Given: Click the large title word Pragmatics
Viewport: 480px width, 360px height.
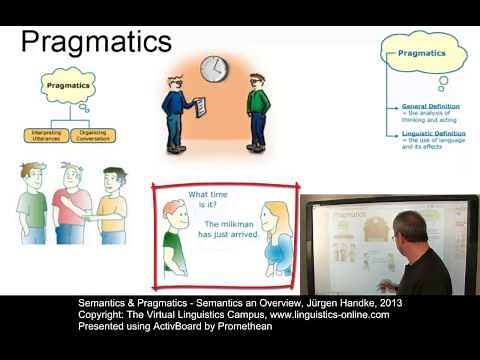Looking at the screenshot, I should pyautogui.click(x=96, y=41).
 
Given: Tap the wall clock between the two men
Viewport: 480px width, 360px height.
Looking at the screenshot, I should pyautogui.click(x=213, y=69).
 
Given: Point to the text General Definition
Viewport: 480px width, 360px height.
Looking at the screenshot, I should pyautogui.click(x=432, y=106).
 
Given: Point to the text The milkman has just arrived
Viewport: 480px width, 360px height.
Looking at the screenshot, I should pyautogui.click(x=231, y=229).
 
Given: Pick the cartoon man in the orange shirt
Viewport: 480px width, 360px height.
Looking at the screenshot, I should pyautogui.click(x=113, y=205).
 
